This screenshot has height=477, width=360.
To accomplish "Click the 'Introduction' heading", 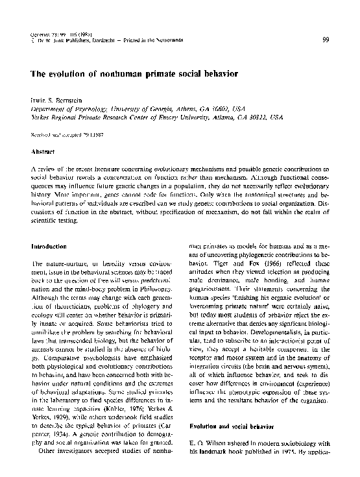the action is pos(49,247).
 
